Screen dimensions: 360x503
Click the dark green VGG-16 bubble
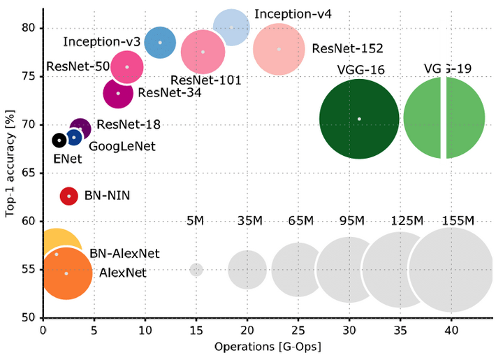click(x=359, y=119)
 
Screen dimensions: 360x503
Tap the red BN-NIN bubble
click(x=68, y=196)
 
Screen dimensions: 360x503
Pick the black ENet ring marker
click(x=59, y=141)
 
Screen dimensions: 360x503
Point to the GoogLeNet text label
click(x=122, y=146)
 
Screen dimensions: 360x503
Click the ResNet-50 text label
click(x=78, y=67)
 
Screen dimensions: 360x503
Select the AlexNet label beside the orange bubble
click(x=123, y=273)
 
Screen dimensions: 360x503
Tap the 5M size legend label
click(x=195, y=221)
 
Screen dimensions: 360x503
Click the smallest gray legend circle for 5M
click(x=196, y=269)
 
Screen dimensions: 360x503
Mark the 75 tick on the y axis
click(x=31, y=76)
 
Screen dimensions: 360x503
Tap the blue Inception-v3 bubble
click(x=160, y=42)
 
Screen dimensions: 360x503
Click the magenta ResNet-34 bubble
click(x=118, y=93)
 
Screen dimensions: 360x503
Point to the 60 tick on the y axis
click(x=31, y=221)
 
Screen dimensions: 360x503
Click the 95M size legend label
click(x=351, y=221)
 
